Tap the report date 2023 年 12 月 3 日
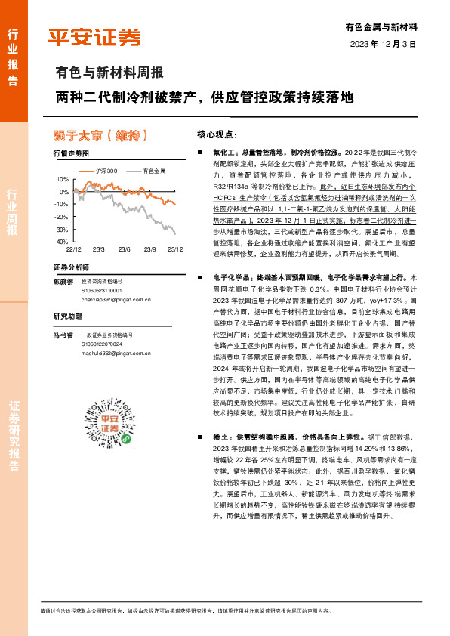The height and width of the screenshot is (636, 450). pyautogui.click(x=384, y=45)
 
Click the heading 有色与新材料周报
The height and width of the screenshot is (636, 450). pyautogui.click(x=109, y=74)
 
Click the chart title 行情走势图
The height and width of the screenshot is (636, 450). pyautogui.click(x=72, y=153)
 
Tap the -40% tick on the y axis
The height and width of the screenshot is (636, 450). pyautogui.click(x=60, y=242)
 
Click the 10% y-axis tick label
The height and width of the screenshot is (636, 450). pyautogui.click(x=62, y=179)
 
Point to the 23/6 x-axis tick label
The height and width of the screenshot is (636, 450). pyautogui.click(x=125, y=249)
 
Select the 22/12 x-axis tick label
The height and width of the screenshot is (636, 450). pyautogui.click(x=73, y=249)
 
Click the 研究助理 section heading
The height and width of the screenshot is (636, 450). pyautogui.click(x=67, y=316)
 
